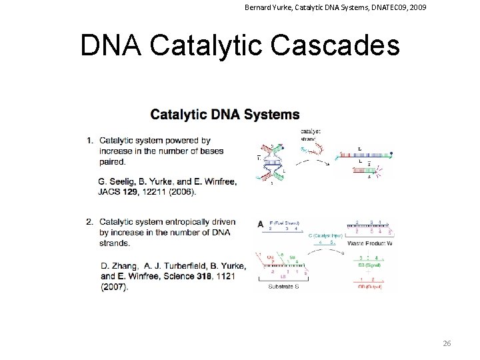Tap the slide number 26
447,343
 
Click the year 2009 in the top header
417,8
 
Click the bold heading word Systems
272,115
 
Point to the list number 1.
89,141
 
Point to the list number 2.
89,222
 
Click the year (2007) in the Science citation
114,287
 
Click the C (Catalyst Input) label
325,235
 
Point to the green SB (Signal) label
371,265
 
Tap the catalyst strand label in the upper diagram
311,135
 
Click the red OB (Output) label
371,288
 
